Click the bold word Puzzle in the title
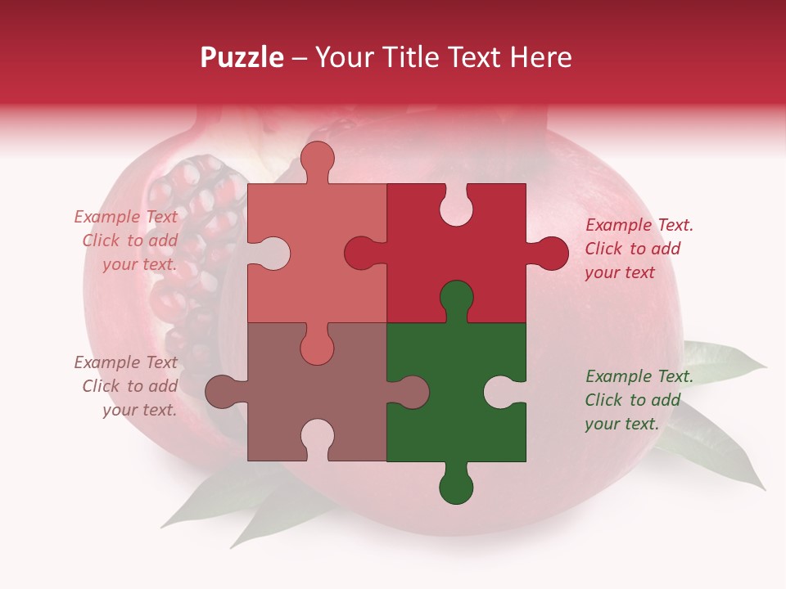(x=242, y=57)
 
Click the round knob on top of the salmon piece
(x=318, y=160)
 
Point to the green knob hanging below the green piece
(x=456, y=485)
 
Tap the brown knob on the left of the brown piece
(x=224, y=392)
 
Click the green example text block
(x=639, y=400)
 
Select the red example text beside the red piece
(x=639, y=249)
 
